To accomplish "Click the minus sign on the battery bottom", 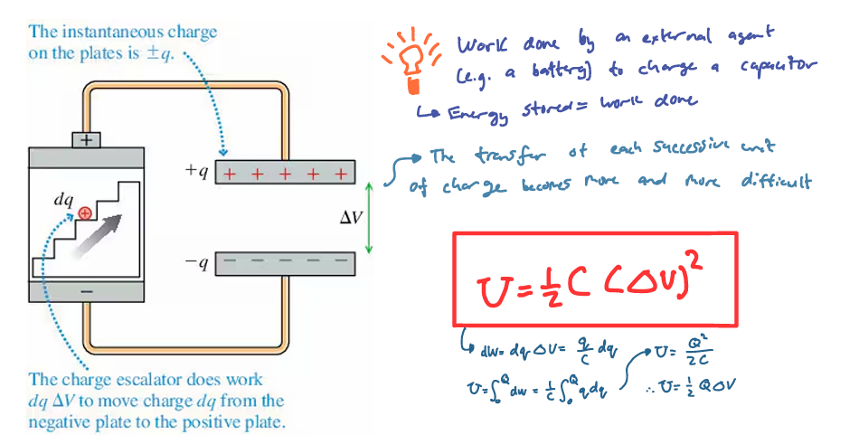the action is click(x=87, y=293).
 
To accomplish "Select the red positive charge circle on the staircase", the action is click(x=84, y=213).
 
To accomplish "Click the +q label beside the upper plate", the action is click(x=197, y=172).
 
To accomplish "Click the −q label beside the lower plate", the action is click(x=197, y=264).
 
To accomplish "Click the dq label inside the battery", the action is click(x=63, y=200).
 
